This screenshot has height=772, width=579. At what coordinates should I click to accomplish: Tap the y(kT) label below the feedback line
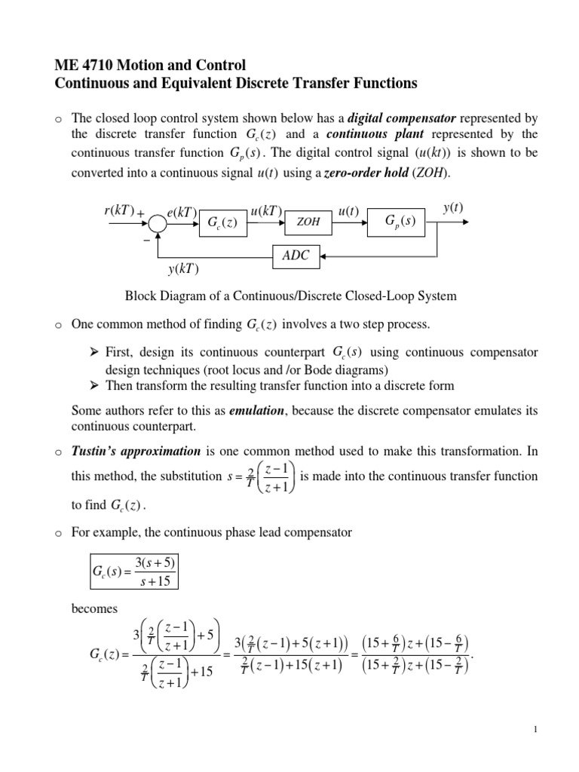[183, 269]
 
